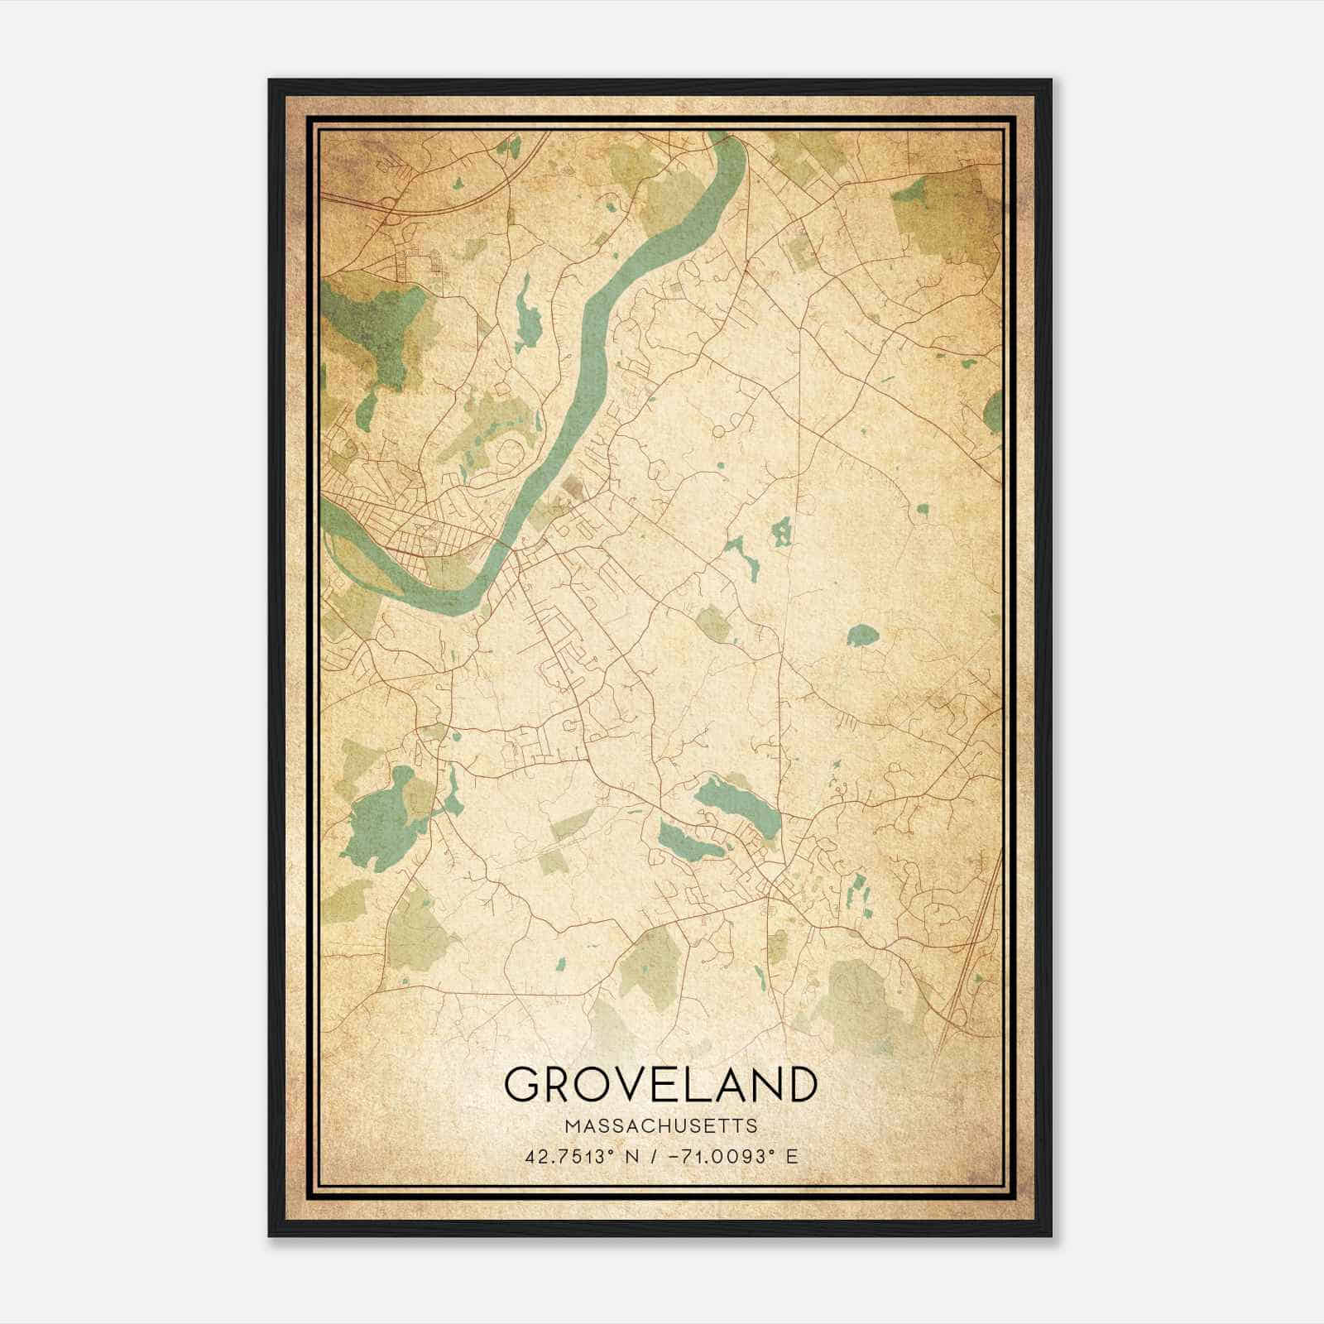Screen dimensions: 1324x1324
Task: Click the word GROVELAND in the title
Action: tap(660, 1085)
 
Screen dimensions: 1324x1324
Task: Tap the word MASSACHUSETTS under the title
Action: tap(660, 1125)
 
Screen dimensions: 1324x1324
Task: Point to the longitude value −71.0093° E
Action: tap(729, 1157)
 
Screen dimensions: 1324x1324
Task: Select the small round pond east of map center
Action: tap(862, 636)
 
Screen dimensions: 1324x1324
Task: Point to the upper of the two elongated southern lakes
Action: tap(736, 804)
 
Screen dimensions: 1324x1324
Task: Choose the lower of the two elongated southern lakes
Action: tap(689, 842)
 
